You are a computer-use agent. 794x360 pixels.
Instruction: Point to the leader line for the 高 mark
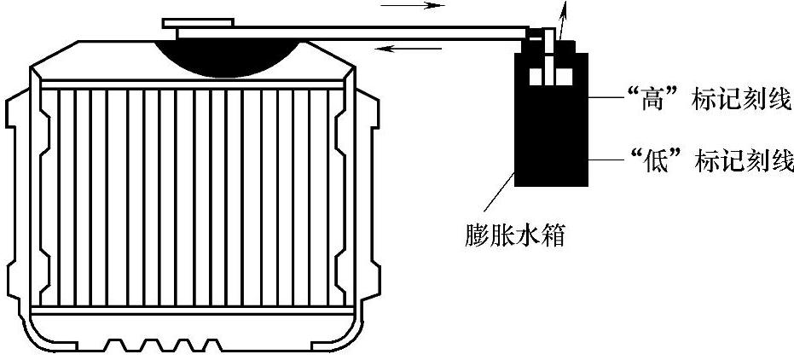(605, 98)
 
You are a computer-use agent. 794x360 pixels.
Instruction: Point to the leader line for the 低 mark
(605, 160)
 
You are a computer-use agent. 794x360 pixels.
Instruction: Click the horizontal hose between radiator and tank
(409, 33)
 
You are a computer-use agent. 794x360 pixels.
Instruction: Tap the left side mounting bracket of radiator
(17, 196)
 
